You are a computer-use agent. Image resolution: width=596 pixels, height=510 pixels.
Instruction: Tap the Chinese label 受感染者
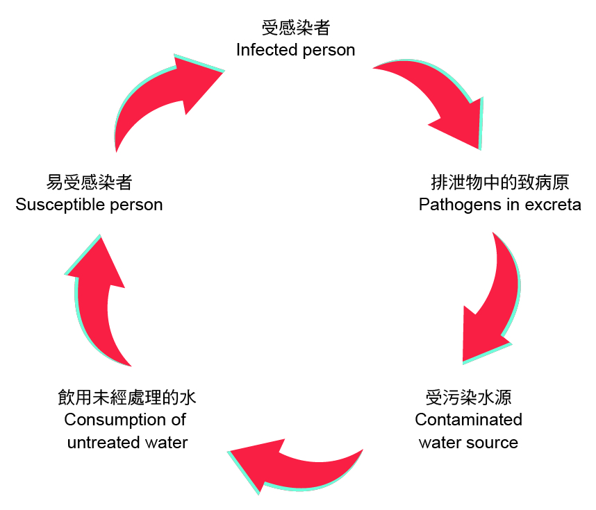click(x=295, y=28)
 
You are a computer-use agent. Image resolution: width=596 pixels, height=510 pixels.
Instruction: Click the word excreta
click(x=553, y=205)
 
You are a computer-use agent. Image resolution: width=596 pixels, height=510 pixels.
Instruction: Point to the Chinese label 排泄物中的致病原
click(x=499, y=182)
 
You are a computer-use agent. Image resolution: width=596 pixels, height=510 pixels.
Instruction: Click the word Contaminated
click(x=468, y=420)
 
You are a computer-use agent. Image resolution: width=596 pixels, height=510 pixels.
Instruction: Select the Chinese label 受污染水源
click(x=468, y=398)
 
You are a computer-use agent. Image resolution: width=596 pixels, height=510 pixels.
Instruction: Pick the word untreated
click(x=97, y=442)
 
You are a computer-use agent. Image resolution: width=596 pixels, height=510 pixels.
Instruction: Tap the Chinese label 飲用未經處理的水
click(x=127, y=398)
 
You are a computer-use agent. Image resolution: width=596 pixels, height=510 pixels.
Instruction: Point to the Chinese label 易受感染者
click(x=89, y=182)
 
